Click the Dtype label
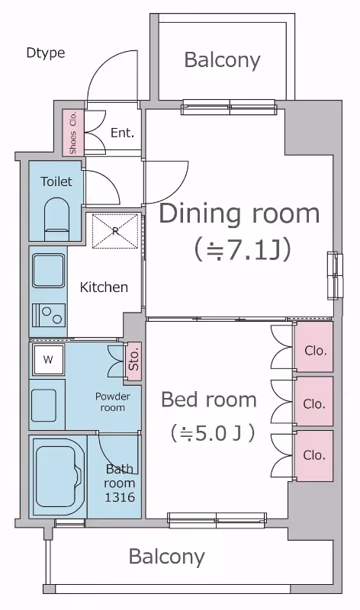point(46,53)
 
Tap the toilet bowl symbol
point(56,219)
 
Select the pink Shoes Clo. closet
point(73,132)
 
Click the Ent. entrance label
point(122,133)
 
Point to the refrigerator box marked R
point(115,230)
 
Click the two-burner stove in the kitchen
point(49,315)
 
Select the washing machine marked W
point(48,359)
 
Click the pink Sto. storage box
point(133,361)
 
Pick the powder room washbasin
point(44,405)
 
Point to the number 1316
point(120,497)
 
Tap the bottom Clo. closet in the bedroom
point(313,455)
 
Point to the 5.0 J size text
point(213,433)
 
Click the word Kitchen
point(104,287)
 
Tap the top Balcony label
point(222,60)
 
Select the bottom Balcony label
point(166,557)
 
